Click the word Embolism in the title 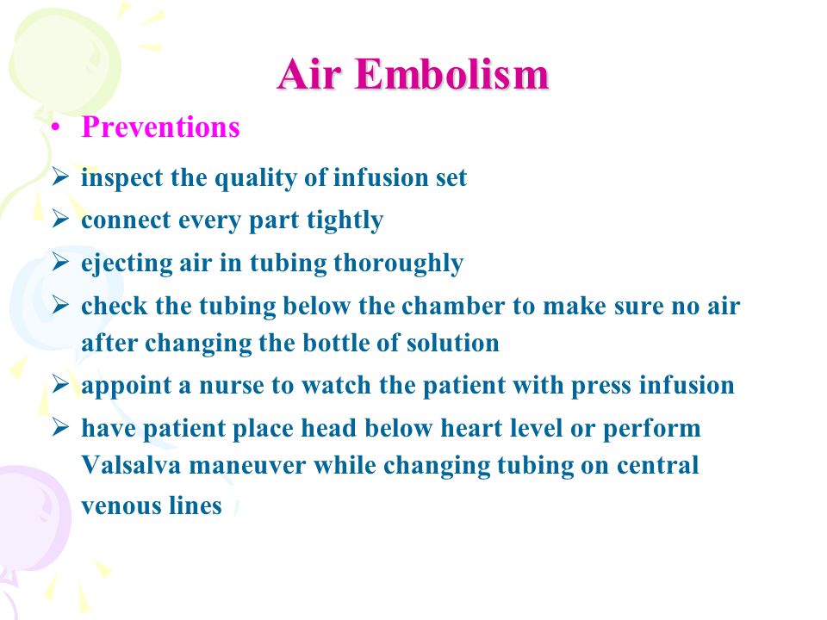[452, 74]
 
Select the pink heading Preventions [160, 127]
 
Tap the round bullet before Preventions [55, 128]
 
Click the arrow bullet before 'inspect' [60, 176]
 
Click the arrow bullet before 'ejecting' [60, 262]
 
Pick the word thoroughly [399, 263]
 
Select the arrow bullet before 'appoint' [60, 384]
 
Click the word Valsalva [131, 465]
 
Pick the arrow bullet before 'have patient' [60, 427]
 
